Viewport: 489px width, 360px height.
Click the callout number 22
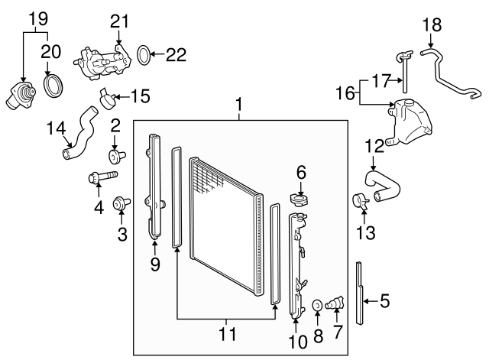tap(176, 54)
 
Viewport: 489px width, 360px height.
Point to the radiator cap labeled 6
tap(300, 199)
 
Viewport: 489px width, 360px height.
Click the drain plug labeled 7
tap(335, 303)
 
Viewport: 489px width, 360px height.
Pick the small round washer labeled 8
tap(318, 305)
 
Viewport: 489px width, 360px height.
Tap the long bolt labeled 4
tap(103, 177)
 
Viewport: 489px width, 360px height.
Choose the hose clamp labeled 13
tap(361, 201)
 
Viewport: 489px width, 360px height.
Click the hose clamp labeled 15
tap(108, 99)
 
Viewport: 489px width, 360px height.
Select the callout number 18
tap(432, 25)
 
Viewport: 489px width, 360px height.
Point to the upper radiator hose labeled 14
tap(82, 135)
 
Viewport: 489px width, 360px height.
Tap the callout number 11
tap(227, 334)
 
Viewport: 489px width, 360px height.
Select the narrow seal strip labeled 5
tap(360, 294)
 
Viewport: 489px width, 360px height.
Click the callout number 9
tap(155, 264)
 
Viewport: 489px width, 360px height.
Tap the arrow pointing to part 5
tap(371, 301)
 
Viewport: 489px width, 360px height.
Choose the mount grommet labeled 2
tap(117, 155)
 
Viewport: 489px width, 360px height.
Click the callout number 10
tap(298, 342)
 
